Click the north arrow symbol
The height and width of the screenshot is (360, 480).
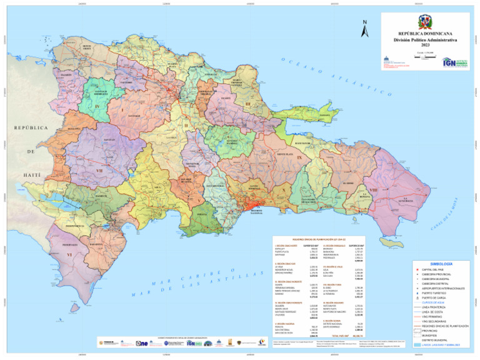click(x=364, y=27)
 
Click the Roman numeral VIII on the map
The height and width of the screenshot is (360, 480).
click(x=373, y=190)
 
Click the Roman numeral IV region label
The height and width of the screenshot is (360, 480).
click(x=97, y=107)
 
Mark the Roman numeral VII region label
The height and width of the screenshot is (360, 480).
click(x=99, y=169)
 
